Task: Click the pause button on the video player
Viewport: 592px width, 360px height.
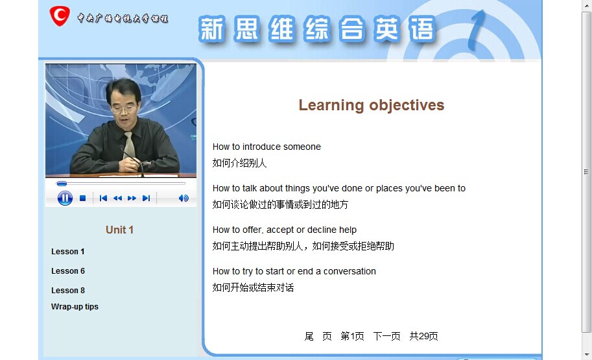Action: pyautogui.click(x=65, y=198)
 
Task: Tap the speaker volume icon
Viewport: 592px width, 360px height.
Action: pyautogui.click(x=184, y=198)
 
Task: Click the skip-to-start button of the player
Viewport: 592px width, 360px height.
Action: pyautogui.click(x=103, y=198)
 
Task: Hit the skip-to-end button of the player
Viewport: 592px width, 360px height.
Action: pyautogui.click(x=146, y=198)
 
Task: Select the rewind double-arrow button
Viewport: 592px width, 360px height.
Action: pyautogui.click(x=117, y=198)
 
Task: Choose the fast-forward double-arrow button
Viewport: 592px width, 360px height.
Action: pyautogui.click(x=132, y=198)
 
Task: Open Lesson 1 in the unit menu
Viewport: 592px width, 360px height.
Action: pyautogui.click(x=68, y=252)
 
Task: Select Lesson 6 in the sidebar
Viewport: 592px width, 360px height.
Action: pyautogui.click(x=68, y=271)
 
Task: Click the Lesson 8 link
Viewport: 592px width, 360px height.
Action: pyautogui.click(x=68, y=290)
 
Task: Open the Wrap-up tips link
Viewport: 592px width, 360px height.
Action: pyautogui.click(x=75, y=307)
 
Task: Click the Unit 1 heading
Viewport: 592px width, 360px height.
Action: pyautogui.click(x=119, y=230)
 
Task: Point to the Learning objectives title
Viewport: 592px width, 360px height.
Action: pyautogui.click(x=372, y=105)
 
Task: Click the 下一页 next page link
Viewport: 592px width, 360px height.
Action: pyautogui.click(x=386, y=336)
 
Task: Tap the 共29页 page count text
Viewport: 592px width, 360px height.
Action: pyautogui.click(x=423, y=336)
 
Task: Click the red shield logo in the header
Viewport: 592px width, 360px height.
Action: pyautogui.click(x=60, y=16)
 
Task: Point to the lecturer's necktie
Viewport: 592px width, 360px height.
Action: pyautogui.click(x=129, y=145)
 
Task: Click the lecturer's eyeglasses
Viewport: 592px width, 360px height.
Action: pyautogui.click(x=123, y=110)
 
